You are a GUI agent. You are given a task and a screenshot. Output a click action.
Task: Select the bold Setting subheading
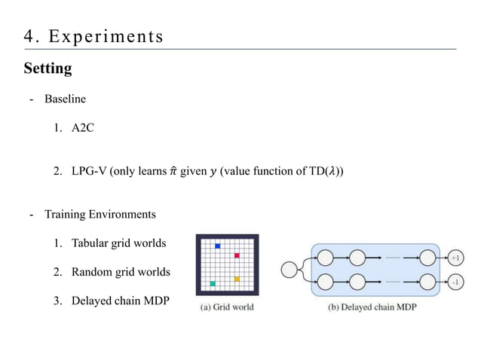click(47, 69)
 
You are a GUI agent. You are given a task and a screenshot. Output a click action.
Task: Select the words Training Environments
click(100, 214)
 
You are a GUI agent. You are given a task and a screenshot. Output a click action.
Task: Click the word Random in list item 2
click(92, 271)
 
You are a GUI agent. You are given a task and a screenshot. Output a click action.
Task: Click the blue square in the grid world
click(218, 246)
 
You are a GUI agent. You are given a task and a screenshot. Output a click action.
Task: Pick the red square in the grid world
click(237, 255)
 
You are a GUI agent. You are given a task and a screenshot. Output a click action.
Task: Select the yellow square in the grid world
click(237, 279)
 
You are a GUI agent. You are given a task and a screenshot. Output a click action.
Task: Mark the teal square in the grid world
click(213, 284)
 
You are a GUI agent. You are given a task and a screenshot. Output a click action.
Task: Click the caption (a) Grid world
click(226, 307)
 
